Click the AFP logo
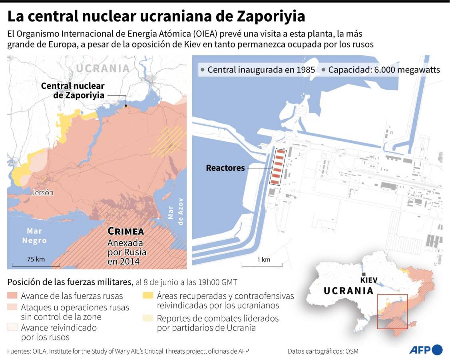coord(426,350)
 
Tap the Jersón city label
coord(42,192)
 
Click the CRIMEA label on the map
coord(126,232)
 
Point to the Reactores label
coord(225,168)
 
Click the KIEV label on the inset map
coord(368,280)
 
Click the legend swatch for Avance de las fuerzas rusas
coord(12,296)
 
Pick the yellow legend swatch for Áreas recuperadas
coord(148,296)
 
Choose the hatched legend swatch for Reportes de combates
coord(148,319)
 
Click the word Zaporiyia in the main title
coord(271,16)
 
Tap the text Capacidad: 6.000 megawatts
coord(384,70)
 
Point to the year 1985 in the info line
coord(306,70)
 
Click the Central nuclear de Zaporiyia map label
coord(73,90)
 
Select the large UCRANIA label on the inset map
coord(348,291)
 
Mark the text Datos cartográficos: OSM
coord(323,351)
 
